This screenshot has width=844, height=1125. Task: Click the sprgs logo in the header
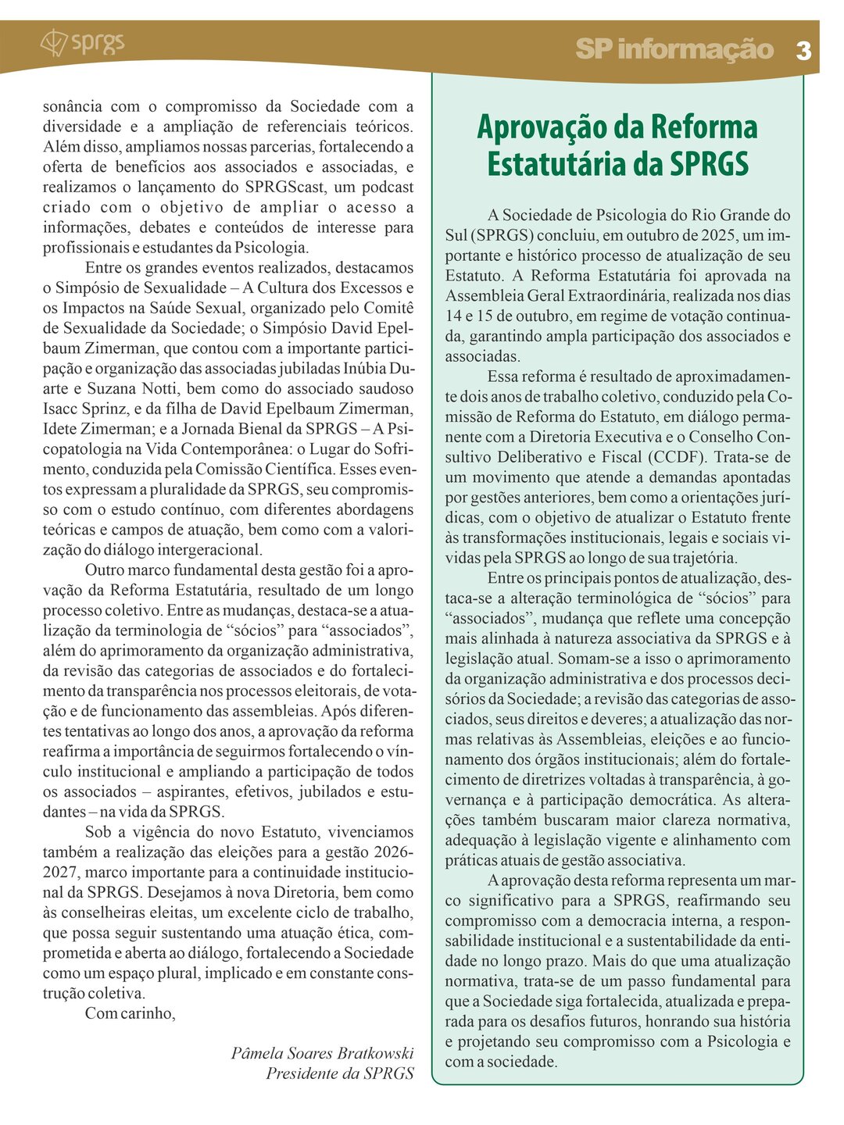pos(82,42)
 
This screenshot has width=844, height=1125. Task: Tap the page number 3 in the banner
pos(803,51)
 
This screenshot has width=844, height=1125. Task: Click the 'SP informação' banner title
pos(674,49)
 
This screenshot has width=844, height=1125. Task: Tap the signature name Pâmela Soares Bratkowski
pos(322,1053)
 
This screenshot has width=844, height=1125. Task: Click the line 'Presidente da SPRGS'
pos(340,1073)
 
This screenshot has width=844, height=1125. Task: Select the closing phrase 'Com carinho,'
pos(131,1013)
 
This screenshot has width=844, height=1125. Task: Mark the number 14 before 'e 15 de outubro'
pos(455,316)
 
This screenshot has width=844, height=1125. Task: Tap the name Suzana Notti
pos(134,388)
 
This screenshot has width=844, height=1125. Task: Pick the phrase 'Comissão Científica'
pos(263,470)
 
